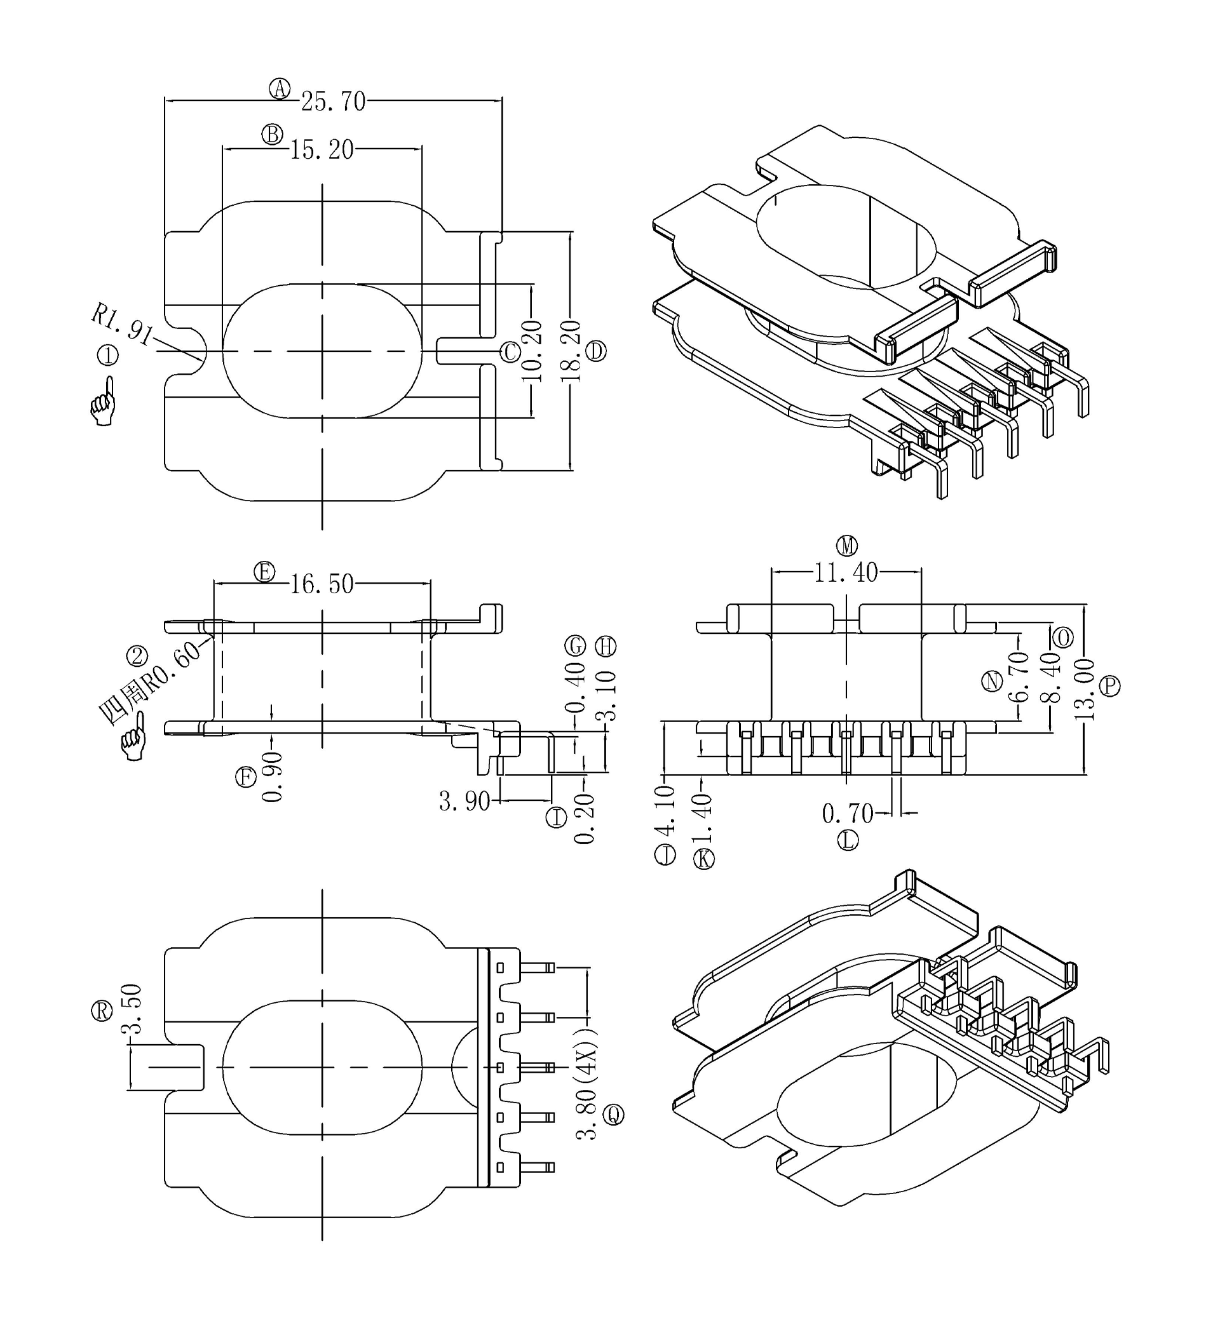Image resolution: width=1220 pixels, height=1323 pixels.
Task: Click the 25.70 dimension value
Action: pos(334,102)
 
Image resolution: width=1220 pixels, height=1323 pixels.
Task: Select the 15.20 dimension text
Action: pos(322,151)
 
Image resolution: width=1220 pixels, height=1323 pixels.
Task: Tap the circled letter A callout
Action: pos(280,88)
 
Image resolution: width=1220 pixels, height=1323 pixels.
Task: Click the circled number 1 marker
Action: pos(107,356)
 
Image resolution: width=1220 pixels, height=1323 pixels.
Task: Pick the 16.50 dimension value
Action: pos(322,584)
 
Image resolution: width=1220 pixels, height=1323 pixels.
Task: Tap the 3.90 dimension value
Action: pos(464,802)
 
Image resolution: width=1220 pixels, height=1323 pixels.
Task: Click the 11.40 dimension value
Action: pos(846,573)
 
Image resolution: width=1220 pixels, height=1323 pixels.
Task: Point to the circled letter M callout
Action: pos(847,546)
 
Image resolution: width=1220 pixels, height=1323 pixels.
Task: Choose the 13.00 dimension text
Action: pos(1084,690)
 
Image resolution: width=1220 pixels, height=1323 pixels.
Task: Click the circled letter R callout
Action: pos(102,1011)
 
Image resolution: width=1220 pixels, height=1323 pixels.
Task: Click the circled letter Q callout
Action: pos(614,1115)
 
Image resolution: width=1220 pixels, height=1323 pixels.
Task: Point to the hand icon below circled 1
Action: pos(103,401)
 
